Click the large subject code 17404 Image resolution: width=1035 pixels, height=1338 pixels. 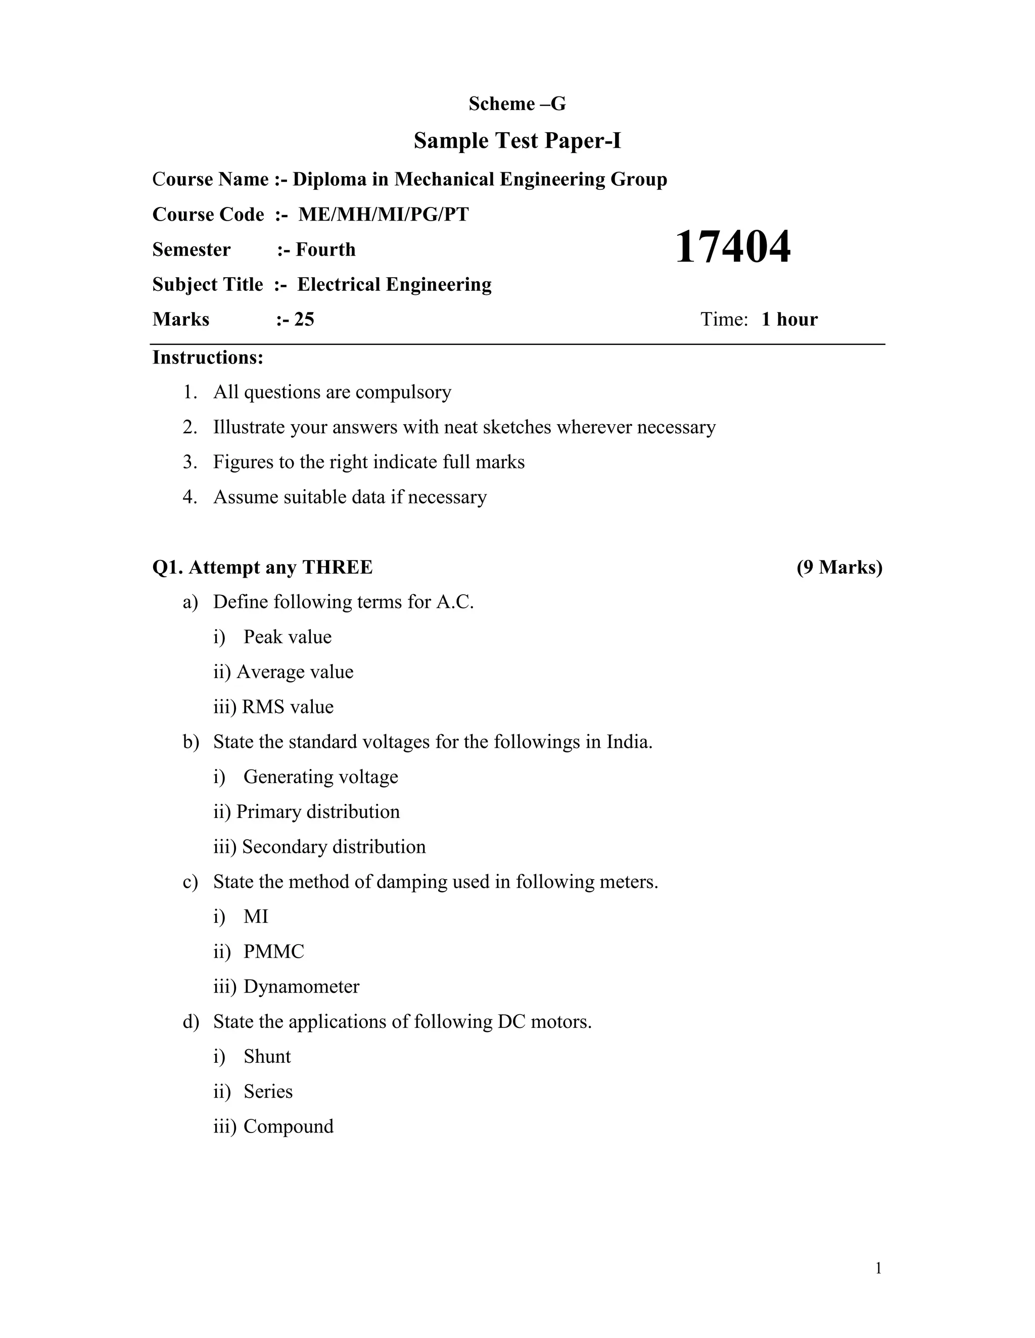(x=732, y=247)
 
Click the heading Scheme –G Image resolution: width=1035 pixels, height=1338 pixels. (x=517, y=104)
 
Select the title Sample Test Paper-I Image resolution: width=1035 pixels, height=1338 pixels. (x=517, y=141)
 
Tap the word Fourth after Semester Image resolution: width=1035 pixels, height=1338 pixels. (x=325, y=249)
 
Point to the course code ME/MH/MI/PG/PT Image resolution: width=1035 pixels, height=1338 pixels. (x=383, y=215)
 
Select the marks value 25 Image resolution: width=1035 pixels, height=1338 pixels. (x=304, y=319)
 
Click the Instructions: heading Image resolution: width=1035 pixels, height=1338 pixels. (x=208, y=357)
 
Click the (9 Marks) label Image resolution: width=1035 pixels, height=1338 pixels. (x=839, y=568)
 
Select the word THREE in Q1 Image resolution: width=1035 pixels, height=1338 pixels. (x=337, y=568)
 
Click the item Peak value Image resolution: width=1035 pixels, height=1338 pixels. (x=287, y=637)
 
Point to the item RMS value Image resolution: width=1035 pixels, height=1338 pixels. (x=288, y=707)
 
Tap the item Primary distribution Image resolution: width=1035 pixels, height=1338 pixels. (x=317, y=812)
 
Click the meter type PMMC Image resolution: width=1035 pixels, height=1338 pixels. (x=273, y=951)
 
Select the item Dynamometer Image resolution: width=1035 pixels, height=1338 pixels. (x=301, y=987)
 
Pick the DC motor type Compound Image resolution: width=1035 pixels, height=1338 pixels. (x=288, y=1126)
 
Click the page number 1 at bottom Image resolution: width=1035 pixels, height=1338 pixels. (x=878, y=1268)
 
